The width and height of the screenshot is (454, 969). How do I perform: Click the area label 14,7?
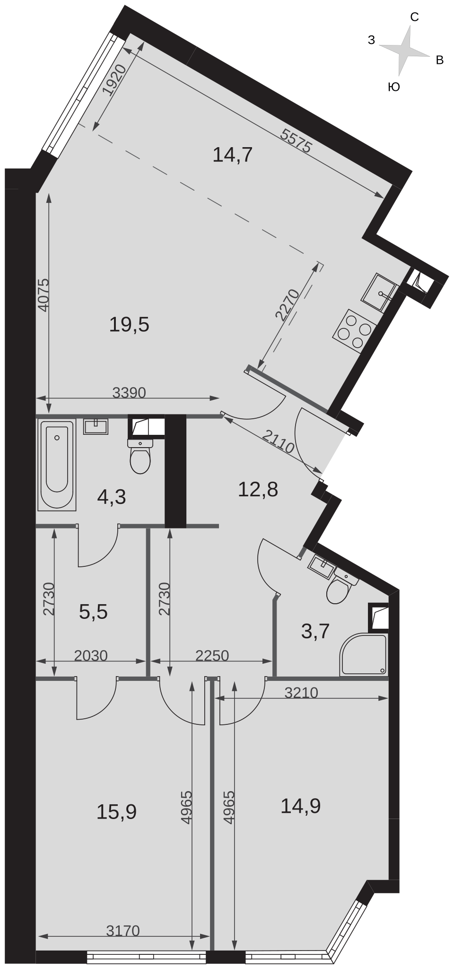click(233, 155)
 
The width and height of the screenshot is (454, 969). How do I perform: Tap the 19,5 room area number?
click(129, 325)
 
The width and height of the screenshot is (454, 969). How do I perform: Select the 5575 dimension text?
click(296, 141)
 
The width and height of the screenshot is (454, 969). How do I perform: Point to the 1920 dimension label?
click(114, 80)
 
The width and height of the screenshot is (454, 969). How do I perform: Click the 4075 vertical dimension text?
click(43, 295)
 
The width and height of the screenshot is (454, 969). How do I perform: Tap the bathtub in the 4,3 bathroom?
click(57, 465)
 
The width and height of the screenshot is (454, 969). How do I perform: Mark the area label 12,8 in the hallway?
click(258, 490)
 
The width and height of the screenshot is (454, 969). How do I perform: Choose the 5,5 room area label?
click(94, 612)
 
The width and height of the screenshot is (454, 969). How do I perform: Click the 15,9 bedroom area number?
click(116, 812)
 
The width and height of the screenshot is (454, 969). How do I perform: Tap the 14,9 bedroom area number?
click(301, 806)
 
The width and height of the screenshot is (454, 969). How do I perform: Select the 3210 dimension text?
click(301, 693)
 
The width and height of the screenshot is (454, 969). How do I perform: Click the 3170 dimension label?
click(123, 931)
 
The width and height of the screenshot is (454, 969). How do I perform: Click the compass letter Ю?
click(394, 87)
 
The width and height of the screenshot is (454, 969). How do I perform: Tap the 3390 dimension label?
click(129, 392)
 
